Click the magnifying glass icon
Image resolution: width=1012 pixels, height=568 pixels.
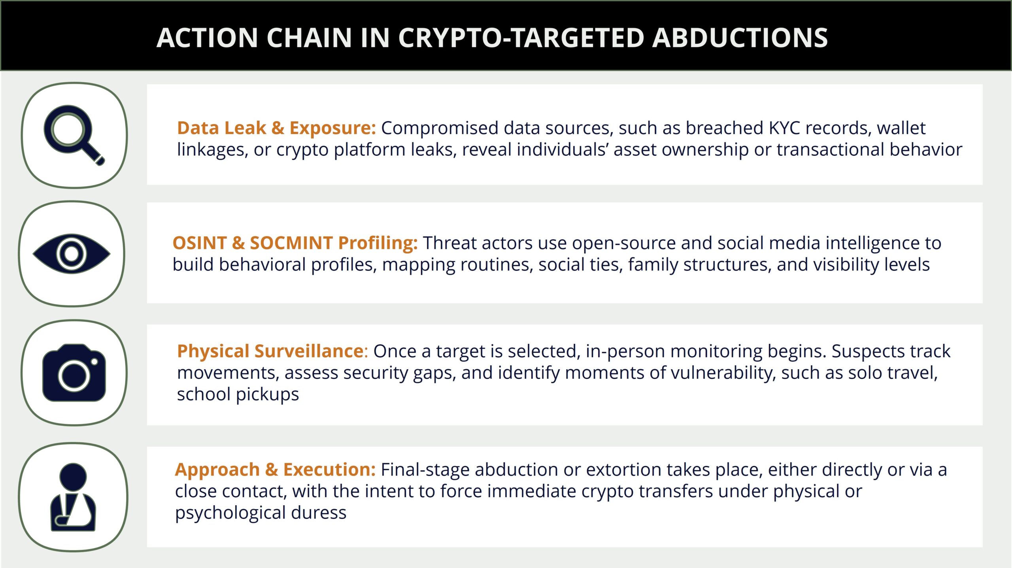tap(74, 135)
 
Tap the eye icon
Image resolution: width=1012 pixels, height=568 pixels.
tap(72, 254)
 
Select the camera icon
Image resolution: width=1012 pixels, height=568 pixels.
tap(74, 373)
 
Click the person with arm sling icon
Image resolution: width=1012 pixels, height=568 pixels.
tap(73, 497)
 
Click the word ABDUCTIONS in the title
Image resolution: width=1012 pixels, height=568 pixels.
tap(740, 38)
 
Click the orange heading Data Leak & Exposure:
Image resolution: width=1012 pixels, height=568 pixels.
tap(276, 128)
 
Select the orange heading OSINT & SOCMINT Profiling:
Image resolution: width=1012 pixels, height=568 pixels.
tap(295, 243)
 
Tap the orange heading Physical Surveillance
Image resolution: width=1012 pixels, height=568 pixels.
tap(270, 351)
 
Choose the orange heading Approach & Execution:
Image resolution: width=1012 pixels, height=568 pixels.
tap(275, 470)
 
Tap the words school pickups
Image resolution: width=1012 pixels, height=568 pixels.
tap(238, 394)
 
